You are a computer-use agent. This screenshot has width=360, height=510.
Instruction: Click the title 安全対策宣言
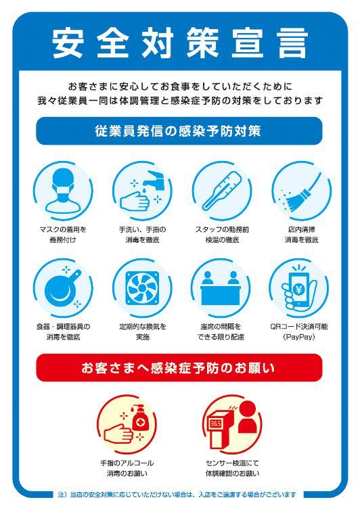tap(179, 43)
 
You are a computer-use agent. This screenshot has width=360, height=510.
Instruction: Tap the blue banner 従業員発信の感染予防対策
tap(179, 131)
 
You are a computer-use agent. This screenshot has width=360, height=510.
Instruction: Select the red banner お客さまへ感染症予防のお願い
tap(179, 367)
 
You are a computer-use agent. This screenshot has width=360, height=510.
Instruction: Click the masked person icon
tap(64, 191)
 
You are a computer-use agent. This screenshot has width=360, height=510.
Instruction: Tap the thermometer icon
tap(222, 191)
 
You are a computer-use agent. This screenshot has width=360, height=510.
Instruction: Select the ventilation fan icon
tap(142, 288)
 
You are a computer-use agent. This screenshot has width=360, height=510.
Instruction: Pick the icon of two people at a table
tap(221, 288)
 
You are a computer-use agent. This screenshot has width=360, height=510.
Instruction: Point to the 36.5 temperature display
tap(216, 423)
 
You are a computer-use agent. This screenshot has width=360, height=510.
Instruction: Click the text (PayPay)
tap(299, 337)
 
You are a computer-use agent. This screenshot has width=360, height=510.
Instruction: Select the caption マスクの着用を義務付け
tap(63, 235)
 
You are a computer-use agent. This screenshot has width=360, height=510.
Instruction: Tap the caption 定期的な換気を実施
tap(143, 331)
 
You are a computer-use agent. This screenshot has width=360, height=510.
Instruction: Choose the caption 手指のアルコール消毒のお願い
tap(127, 468)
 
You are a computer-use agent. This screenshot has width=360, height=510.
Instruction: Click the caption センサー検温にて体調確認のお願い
tap(232, 468)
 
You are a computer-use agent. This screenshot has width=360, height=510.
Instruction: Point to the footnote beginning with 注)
tap(177, 494)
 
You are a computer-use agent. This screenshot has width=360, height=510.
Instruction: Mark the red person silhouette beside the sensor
tap(248, 417)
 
